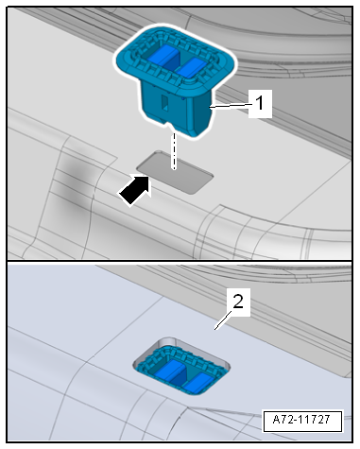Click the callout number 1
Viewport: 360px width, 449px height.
tap(260, 103)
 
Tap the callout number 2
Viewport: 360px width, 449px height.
tap(238, 302)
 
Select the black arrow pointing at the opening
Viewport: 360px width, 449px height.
tap(135, 190)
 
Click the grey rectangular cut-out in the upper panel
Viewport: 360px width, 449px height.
tap(175, 172)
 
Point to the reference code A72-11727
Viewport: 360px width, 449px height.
tap(301, 420)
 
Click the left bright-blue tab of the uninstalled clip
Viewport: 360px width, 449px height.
tap(163, 55)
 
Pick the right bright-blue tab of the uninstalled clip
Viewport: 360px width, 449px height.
tap(192, 67)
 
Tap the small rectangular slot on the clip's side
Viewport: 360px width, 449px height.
tap(164, 103)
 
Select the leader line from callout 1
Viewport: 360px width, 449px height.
tap(230, 105)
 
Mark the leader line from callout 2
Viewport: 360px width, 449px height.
tap(223, 320)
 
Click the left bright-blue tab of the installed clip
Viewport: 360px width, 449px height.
tap(172, 371)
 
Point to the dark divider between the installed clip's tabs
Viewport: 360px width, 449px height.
tap(182, 376)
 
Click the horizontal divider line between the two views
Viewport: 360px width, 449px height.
tap(180, 261)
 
